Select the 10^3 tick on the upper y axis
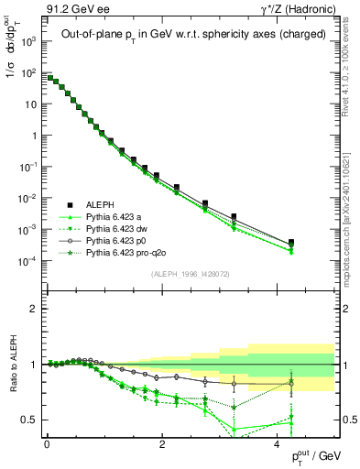point(30,41)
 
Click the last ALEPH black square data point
point(291,243)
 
